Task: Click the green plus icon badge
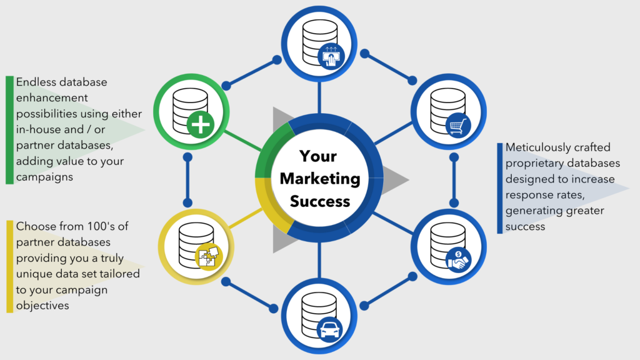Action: (x=201, y=124)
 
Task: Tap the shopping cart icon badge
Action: (x=458, y=125)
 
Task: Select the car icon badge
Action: (x=330, y=329)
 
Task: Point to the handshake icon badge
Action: (x=458, y=260)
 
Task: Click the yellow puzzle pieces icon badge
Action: (x=209, y=256)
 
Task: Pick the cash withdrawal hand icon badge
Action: (x=331, y=56)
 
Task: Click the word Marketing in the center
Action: (x=320, y=179)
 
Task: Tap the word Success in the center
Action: (x=320, y=201)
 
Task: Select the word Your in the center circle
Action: (x=318, y=156)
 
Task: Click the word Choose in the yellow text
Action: (x=35, y=226)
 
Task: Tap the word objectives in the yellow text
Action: (x=42, y=305)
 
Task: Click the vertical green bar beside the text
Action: (x=10, y=130)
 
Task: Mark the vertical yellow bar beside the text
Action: (x=10, y=266)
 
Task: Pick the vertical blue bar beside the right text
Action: (x=499, y=188)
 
